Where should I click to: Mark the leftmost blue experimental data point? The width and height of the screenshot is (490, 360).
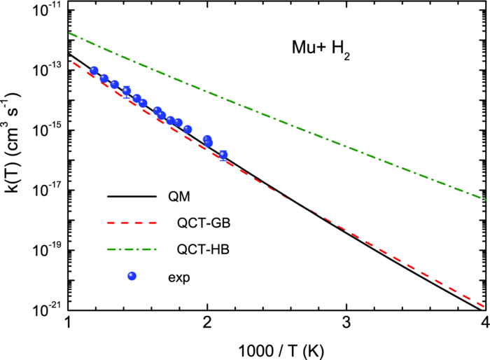click(94, 71)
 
